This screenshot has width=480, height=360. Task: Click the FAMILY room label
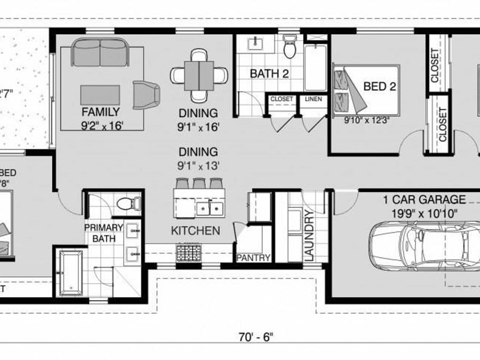(x=100, y=112)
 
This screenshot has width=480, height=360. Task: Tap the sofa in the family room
(x=100, y=52)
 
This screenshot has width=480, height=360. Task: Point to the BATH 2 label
(x=269, y=74)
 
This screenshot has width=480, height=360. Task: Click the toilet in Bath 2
(x=290, y=47)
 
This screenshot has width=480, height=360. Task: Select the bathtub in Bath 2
(x=315, y=67)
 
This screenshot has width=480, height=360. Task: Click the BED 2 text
(x=379, y=86)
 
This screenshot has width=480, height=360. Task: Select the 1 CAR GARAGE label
(x=424, y=200)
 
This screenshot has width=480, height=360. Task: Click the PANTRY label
(x=254, y=258)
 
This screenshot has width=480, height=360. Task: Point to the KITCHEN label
(x=195, y=231)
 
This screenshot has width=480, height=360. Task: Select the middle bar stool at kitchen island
(x=199, y=183)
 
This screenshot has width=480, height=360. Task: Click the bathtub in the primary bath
(x=70, y=271)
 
